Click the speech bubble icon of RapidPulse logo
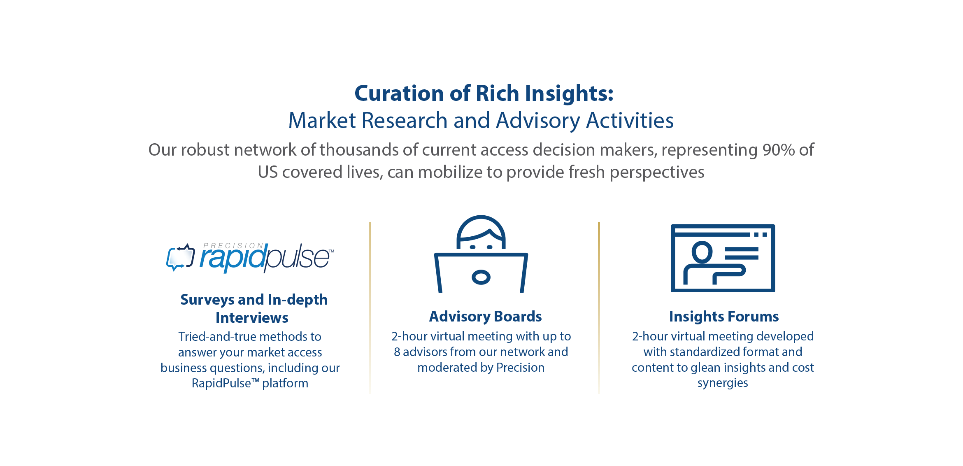point(180,258)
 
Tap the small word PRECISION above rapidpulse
point(233,246)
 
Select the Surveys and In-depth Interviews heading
point(254,308)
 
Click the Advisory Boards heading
point(485,317)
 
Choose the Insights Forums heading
point(724,317)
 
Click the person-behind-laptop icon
point(481,254)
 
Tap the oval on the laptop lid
point(481,277)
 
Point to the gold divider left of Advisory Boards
point(370,308)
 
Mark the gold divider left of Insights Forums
point(599,308)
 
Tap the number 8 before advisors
point(397,352)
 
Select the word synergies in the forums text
point(723,383)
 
